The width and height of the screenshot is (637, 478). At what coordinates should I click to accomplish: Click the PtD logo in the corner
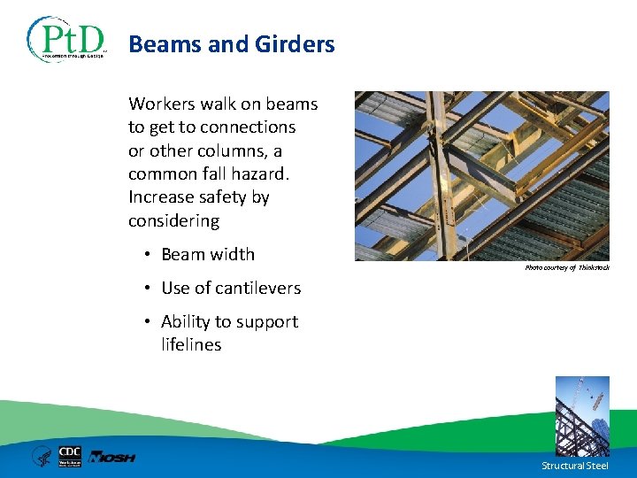click(x=66, y=40)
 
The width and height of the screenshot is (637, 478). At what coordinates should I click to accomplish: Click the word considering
click(x=173, y=220)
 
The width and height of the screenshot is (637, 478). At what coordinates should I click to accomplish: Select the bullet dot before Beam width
click(x=146, y=255)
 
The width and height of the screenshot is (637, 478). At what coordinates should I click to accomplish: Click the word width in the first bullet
click(x=233, y=255)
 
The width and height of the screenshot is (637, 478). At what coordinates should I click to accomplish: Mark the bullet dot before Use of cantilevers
click(x=146, y=289)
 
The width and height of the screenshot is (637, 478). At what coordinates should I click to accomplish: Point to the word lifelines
click(x=191, y=345)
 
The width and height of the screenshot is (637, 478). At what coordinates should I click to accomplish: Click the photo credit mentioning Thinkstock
click(x=567, y=267)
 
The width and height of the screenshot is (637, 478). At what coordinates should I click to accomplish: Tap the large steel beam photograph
click(x=482, y=175)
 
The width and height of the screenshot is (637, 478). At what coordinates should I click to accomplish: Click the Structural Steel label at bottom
click(x=576, y=466)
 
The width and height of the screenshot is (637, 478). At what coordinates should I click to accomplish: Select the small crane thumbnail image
click(x=582, y=415)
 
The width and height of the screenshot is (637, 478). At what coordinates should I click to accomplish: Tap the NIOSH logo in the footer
click(x=112, y=457)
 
